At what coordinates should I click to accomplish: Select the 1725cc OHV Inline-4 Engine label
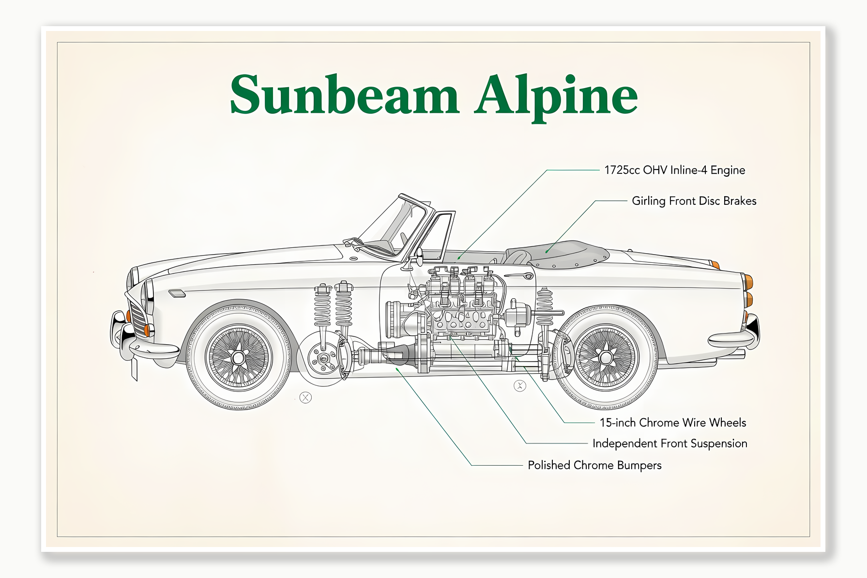[674, 170]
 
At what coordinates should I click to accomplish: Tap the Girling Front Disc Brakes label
[694, 201]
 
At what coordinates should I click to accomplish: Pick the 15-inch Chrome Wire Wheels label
[672, 423]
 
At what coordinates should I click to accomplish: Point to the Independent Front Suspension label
[669, 443]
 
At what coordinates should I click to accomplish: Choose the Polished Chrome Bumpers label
[594, 465]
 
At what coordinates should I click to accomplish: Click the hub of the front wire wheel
[238, 358]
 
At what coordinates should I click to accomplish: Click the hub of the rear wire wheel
[606, 358]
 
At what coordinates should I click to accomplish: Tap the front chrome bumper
[145, 347]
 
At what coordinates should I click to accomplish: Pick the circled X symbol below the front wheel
[305, 398]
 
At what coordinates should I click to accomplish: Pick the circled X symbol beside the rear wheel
[520, 386]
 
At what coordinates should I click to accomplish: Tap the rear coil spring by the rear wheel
[545, 307]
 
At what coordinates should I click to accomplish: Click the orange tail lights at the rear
[748, 290]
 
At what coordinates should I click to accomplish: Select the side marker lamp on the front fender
[177, 293]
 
